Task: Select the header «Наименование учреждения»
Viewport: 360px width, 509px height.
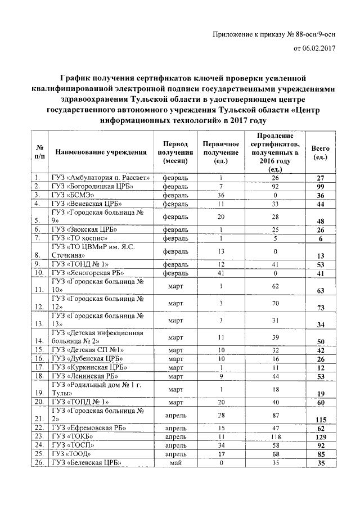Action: (x=101, y=152)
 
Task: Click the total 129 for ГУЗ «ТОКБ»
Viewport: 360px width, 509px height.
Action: (x=321, y=436)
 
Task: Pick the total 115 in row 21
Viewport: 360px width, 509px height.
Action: (x=321, y=420)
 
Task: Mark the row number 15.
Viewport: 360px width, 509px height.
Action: (x=39, y=349)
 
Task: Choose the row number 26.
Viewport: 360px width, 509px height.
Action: (x=39, y=463)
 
